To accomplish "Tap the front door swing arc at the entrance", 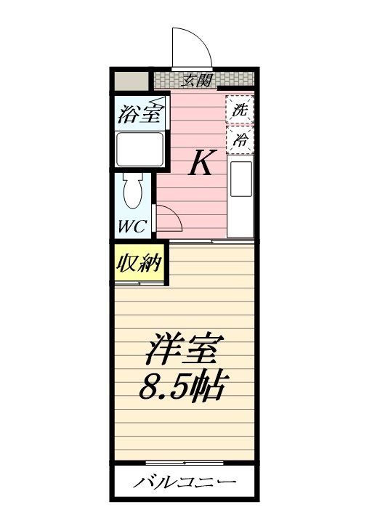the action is click(201, 37).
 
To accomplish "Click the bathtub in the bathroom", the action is click(139, 149).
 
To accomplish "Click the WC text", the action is click(132, 227).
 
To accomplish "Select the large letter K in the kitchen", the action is click(203, 162).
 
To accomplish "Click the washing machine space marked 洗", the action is click(240, 110).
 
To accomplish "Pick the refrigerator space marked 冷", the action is click(240, 139).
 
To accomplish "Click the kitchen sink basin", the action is click(241, 179).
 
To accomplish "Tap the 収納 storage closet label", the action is click(139, 263).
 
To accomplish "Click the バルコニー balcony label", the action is click(184, 482).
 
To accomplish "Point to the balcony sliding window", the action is click(185, 463).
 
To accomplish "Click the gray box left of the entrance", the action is click(132, 81).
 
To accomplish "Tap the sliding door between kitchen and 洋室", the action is click(212, 241).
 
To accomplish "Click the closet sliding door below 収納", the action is click(139, 283).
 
